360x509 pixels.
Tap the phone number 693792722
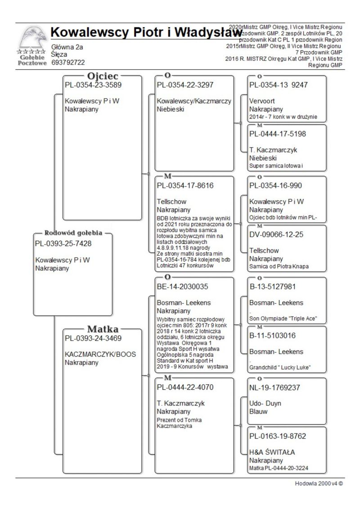(x=68, y=63)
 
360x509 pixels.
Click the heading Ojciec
(x=103, y=76)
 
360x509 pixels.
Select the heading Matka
(x=103, y=329)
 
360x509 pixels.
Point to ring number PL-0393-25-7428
(x=63, y=243)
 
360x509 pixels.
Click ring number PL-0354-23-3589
(x=93, y=84)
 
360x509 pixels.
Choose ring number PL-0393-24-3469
(x=93, y=338)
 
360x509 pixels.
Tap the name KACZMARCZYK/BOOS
(x=100, y=355)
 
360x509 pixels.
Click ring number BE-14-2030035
(x=182, y=286)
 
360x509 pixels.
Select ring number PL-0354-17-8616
(x=185, y=185)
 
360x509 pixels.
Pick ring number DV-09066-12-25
(x=276, y=234)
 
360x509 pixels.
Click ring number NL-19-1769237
(x=274, y=387)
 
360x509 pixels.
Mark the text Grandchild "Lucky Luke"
(x=280, y=367)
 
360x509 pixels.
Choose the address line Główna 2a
(x=67, y=47)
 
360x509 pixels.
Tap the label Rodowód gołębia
(x=73, y=233)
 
